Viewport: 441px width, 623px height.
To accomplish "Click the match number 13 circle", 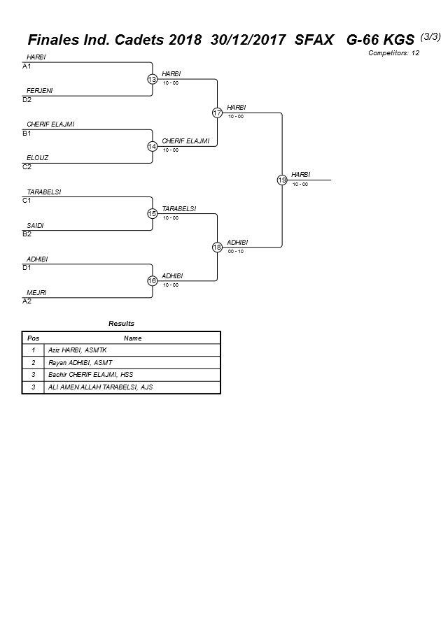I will tap(152, 79).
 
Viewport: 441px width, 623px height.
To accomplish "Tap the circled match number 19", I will tap(282, 180).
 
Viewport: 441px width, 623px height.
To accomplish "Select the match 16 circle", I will tap(152, 280).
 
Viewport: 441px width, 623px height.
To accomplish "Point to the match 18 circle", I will tap(217, 247).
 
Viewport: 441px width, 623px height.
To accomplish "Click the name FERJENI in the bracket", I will tap(39, 91).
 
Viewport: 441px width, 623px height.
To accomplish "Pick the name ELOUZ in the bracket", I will tap(38, 158).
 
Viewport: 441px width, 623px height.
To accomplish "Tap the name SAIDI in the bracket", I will tap(36, 225).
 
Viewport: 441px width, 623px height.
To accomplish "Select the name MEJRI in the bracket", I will tap(36, 292).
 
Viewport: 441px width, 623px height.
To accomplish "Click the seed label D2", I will tap(27, 100).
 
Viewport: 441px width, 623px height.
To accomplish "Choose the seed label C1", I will tap(27, 201).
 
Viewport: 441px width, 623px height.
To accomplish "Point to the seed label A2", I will tap(27, 301).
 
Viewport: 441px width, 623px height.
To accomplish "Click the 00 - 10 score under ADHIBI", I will tap(236, 252).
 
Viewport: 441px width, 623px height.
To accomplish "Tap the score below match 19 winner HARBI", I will tap(300, 185).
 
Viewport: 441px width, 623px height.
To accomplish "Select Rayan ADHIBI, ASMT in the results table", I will tap(80, 362).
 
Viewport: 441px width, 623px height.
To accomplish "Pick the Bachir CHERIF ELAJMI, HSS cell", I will tap(90, 375).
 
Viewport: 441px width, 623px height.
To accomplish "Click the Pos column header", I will tap(33, 338).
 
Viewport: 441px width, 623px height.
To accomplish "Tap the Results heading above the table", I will tap(121, 324).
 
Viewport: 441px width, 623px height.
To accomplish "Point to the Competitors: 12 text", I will tap(393, 52).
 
